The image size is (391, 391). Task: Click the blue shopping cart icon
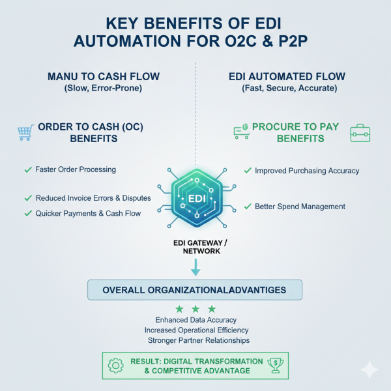[x=25, y=133]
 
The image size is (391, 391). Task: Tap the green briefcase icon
[x=360, y=132]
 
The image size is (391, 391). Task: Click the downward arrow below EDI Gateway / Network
[x=195, y=267]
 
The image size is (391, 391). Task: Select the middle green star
[x=195, y=309]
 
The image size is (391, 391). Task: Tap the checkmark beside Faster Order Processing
[x=28, y=169]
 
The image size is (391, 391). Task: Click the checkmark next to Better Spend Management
[x=248, y=207]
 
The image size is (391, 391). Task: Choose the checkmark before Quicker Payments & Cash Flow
[x=28, y=213]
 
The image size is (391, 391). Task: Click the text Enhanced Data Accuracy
[x=195, y=320]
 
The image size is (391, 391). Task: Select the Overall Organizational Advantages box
[x=195, y=290]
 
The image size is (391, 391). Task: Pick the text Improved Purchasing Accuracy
[x=306, y=171]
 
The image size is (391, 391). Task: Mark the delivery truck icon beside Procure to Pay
[x=241, y=132]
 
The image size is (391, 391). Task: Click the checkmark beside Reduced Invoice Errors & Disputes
[x=28, y=197]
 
